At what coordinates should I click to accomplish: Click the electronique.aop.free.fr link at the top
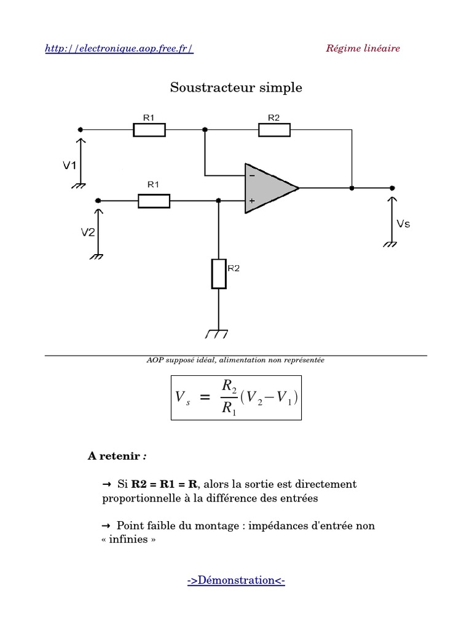[119, 49]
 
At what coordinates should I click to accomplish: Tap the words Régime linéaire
[363, 48]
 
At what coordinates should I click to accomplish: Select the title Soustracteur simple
[236, 87]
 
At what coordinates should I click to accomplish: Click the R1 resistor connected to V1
[149, 130]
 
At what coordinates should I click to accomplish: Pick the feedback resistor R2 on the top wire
[274, 130]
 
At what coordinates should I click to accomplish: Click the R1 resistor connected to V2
[154, 201]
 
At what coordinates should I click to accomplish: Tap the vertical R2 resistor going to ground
[219, 274]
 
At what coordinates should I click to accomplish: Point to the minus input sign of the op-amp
[252, 175]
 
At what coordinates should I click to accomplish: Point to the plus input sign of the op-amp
[252, 201]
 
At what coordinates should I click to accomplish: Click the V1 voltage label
[70, 165]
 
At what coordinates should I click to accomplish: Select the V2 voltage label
[88, 232]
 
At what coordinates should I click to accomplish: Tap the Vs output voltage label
[403, 224]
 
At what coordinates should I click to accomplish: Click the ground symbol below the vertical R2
[217, 334]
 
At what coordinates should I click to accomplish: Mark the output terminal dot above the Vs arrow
[393, 188]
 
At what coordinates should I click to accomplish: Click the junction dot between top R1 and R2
[205, 130]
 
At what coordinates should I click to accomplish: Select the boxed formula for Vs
[236, 398]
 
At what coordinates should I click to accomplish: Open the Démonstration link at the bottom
[236, 580]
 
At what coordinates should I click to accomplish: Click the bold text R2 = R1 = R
[164, 484]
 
